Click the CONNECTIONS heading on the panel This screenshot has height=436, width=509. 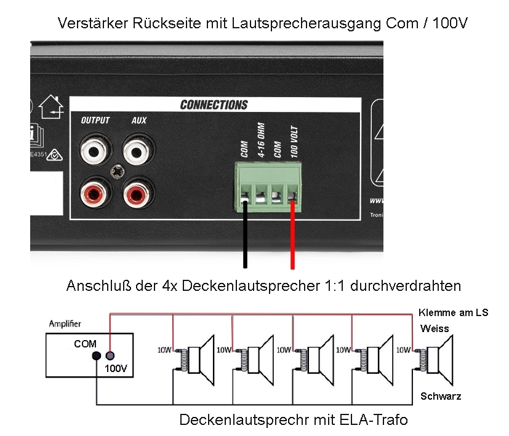pos(214,105)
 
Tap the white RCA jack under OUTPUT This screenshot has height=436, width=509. pos(95,149)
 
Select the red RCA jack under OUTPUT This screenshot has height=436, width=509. pos(95,195)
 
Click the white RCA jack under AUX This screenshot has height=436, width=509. pos(138,149)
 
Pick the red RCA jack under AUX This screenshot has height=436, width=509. pos(138,195)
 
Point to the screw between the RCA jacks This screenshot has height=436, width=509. pos(117,172)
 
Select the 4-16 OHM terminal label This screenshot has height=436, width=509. pos(261,140)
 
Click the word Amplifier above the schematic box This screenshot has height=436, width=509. pos(65,323)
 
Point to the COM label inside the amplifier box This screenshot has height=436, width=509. pos(85,344)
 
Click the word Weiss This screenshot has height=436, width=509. pos(435,329)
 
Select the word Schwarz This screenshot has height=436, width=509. pos(441,396)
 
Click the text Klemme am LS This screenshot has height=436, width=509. pos(453,312)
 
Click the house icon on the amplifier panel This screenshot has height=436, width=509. pos(51,108)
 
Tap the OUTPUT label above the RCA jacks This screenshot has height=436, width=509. pos(95,121)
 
